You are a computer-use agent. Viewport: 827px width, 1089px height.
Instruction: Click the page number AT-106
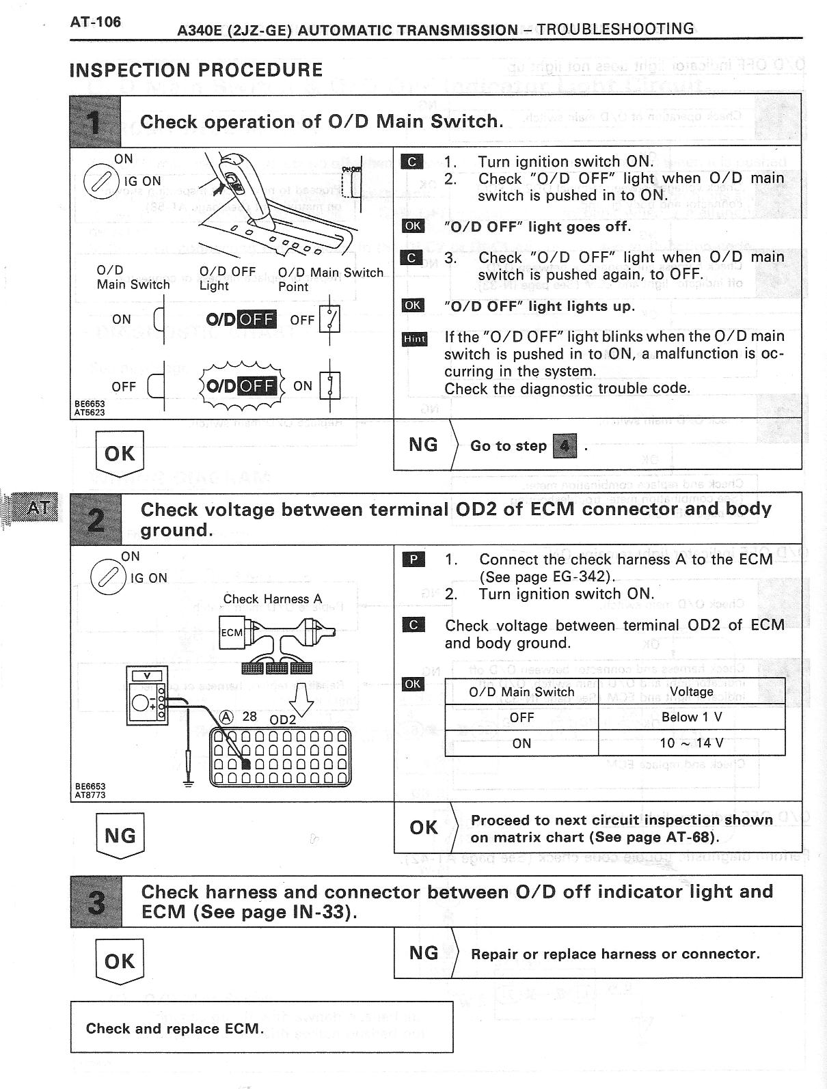(95, 22)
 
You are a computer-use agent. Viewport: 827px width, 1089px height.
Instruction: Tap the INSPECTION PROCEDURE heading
(196, 70)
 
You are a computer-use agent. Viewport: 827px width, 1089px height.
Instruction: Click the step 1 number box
(96, 122)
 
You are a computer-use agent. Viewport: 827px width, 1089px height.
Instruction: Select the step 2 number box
(96, 519)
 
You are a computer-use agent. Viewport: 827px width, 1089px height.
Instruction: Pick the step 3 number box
(96, 902)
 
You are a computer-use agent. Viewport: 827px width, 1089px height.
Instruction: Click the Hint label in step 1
(414, 339)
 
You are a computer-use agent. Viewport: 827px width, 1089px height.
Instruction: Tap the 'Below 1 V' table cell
(691, 717)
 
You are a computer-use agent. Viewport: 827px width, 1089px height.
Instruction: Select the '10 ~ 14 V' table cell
(691, 743)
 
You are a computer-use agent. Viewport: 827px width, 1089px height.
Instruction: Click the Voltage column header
(691, 691)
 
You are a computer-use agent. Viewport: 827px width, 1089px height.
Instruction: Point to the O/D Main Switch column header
(521, 691)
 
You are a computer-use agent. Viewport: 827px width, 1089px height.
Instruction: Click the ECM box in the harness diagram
(232, 633)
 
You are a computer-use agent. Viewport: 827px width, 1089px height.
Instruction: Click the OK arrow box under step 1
(120, 453)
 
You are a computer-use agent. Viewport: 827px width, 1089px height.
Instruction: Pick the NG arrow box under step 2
(120, 835)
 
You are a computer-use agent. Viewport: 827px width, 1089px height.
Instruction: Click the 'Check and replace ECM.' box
(261, 1028)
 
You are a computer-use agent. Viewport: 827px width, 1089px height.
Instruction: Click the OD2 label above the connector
(283, 719)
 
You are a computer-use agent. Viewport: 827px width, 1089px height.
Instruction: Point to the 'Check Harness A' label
(272, 599)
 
